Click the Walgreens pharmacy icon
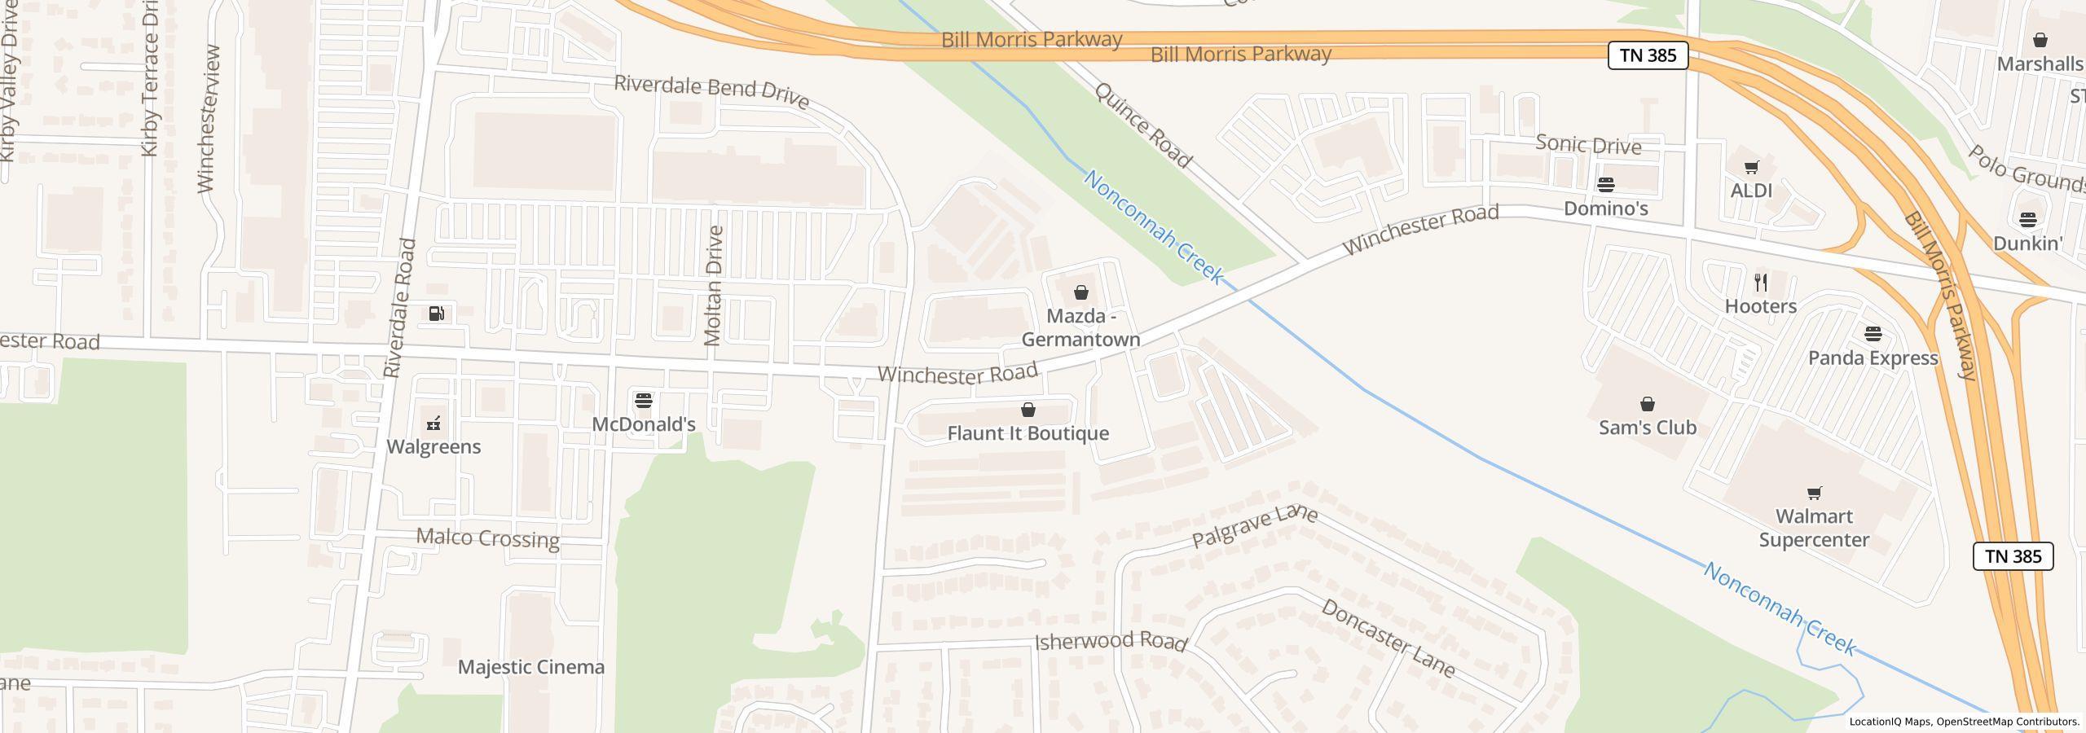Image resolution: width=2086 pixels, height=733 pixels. click(434, 423)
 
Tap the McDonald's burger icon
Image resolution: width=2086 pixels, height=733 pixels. click(644, 401)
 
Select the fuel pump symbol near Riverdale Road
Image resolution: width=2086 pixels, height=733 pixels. click(437, 314)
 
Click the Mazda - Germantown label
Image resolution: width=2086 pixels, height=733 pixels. click(1080, 327)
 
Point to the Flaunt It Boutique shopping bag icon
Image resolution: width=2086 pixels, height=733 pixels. click(1028, 410)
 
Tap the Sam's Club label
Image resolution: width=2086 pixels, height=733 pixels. click(1647, 428)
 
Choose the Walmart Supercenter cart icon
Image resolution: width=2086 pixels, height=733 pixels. click(1815, 493)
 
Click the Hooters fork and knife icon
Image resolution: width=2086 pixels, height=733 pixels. click(1761, 283)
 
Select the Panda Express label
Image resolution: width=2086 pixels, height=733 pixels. click(1873, 358)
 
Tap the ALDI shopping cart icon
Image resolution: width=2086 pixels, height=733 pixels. click(1751, 168)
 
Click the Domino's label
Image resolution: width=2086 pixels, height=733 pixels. click(1605, 208)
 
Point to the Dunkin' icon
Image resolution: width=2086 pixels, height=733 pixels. click(2027, 219)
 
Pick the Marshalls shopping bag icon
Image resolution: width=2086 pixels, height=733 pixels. click(2040, 40)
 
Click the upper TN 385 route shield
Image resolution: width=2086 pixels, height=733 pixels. click(1647, 55)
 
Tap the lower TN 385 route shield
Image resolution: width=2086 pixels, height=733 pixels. click(2013, 556)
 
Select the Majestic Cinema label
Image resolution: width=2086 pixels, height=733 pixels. click(531, 667)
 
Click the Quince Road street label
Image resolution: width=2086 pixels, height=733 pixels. click(1143, 125)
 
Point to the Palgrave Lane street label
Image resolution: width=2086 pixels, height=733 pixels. click(1254, 526)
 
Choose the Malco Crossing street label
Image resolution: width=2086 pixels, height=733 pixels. click(487, 538)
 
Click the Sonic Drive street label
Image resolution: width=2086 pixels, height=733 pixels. click(1588, 145)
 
